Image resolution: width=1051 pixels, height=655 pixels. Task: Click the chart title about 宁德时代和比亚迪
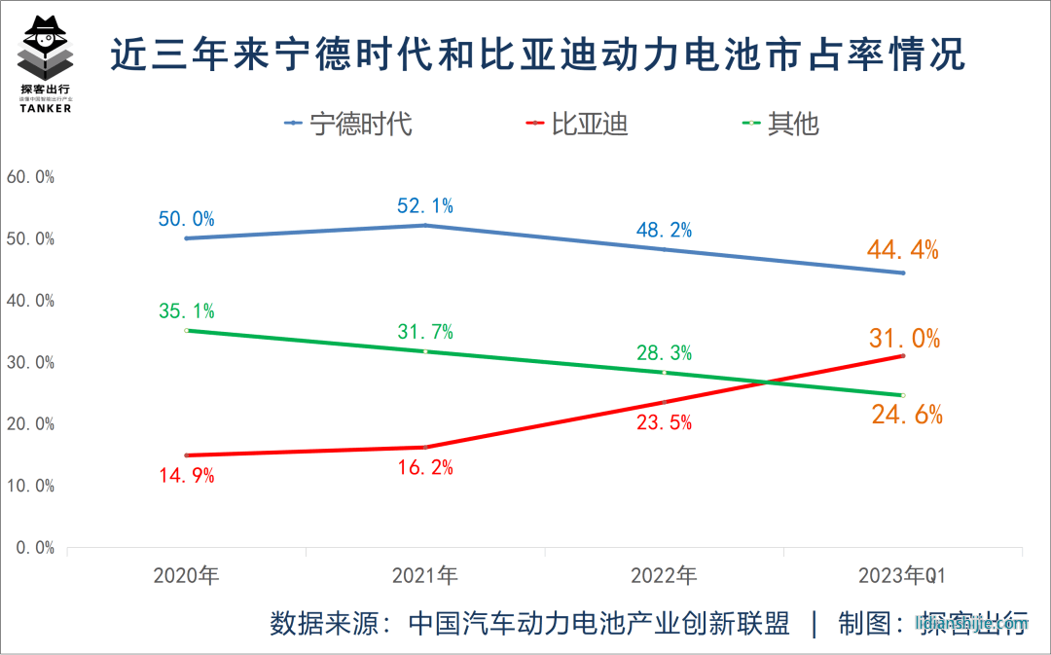click(537, 55)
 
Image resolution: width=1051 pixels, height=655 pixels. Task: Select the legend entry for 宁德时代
click(348, 124)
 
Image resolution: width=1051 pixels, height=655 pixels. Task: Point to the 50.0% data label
click(186, 219)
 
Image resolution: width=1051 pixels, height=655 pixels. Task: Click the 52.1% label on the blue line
click(425, 205)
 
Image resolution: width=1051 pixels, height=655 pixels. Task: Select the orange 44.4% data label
click(904, 251)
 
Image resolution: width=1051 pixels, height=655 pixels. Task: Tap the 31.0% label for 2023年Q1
click(904, 339)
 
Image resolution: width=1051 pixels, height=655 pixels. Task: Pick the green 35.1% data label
click(186, 311)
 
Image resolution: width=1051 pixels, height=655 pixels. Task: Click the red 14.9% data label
click(186, 476)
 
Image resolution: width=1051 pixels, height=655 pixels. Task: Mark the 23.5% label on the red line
click(664, 422)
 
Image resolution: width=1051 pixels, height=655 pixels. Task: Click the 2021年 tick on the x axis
click(425, 575)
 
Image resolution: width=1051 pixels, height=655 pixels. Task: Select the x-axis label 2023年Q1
click(902, 575)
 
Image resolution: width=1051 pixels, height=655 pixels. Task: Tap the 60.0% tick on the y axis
click(30, 177)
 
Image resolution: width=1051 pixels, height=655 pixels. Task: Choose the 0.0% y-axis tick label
click(34, 547)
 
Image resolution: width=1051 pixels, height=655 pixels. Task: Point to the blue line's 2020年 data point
click(186, 238)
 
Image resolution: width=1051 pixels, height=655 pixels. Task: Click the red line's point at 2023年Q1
click(903, 356)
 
